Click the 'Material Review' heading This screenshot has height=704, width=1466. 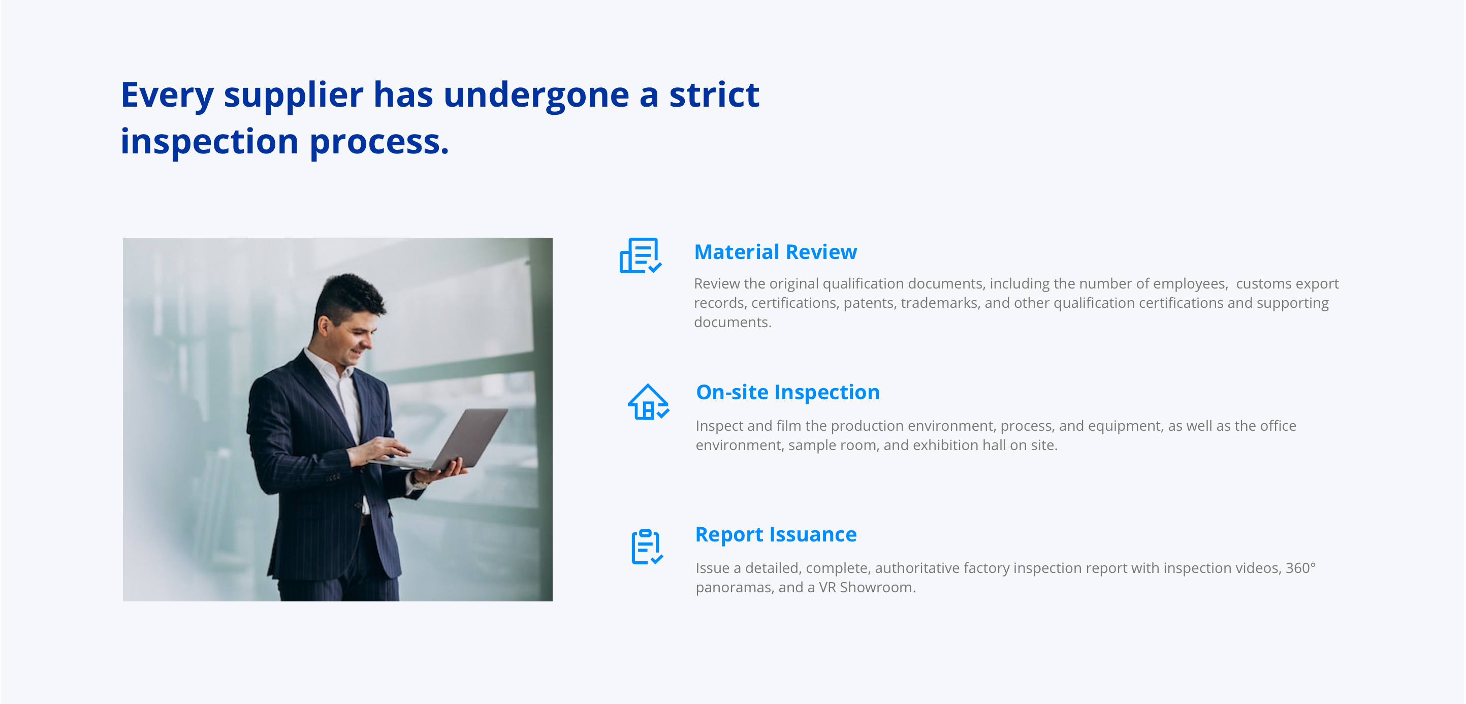[x=775, y=251]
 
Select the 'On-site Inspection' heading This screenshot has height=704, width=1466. [x=788, y=392]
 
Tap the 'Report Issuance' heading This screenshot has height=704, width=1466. [x=776, y=534]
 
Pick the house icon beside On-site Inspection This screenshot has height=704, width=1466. [x=648, y=402]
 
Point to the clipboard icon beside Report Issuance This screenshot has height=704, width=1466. [x=647, y=547]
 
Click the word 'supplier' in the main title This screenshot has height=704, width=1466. [x=293, y=95]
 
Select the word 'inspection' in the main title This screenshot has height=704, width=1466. [x=209, y=142]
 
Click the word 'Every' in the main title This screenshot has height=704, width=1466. [x=167, y=95]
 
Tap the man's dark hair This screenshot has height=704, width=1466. [x=348, y=297]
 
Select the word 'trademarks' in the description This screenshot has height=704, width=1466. [x=940, y=303]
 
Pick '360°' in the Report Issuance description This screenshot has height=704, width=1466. [x=1300, y=567]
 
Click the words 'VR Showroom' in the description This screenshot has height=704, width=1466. [x=867, y=587]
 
